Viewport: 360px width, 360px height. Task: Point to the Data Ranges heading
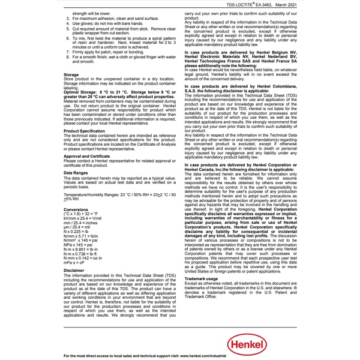[x=76, y=173]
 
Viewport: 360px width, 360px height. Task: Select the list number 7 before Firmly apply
[x=67, y=53]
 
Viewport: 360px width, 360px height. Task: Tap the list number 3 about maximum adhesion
[x=67, y=19]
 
